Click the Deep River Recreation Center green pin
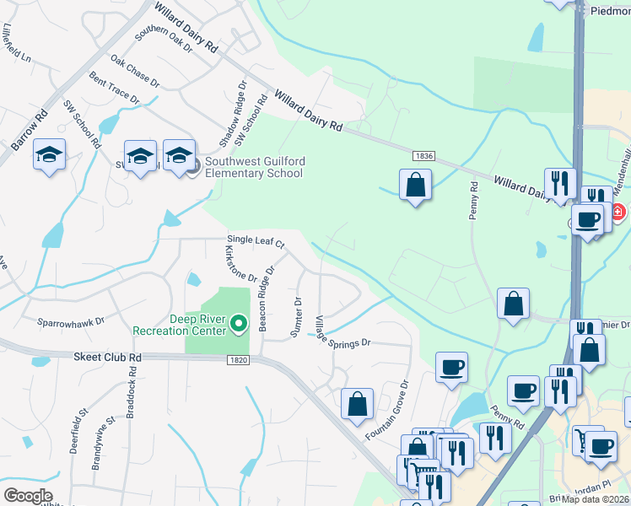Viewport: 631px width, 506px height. [239, 323]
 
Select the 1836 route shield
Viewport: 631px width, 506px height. [423, 156]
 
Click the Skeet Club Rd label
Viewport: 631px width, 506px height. [106, 357]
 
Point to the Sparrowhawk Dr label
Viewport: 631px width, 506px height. [70, 321]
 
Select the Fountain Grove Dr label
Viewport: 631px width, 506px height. [387, 410]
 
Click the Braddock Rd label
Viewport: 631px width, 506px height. [132, 403]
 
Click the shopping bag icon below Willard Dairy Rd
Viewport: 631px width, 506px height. [415, 186]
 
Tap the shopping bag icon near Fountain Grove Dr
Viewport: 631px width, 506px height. [358, 403]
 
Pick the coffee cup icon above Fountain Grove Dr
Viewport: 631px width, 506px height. [451, 368]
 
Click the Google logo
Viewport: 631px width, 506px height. [28, 496]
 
